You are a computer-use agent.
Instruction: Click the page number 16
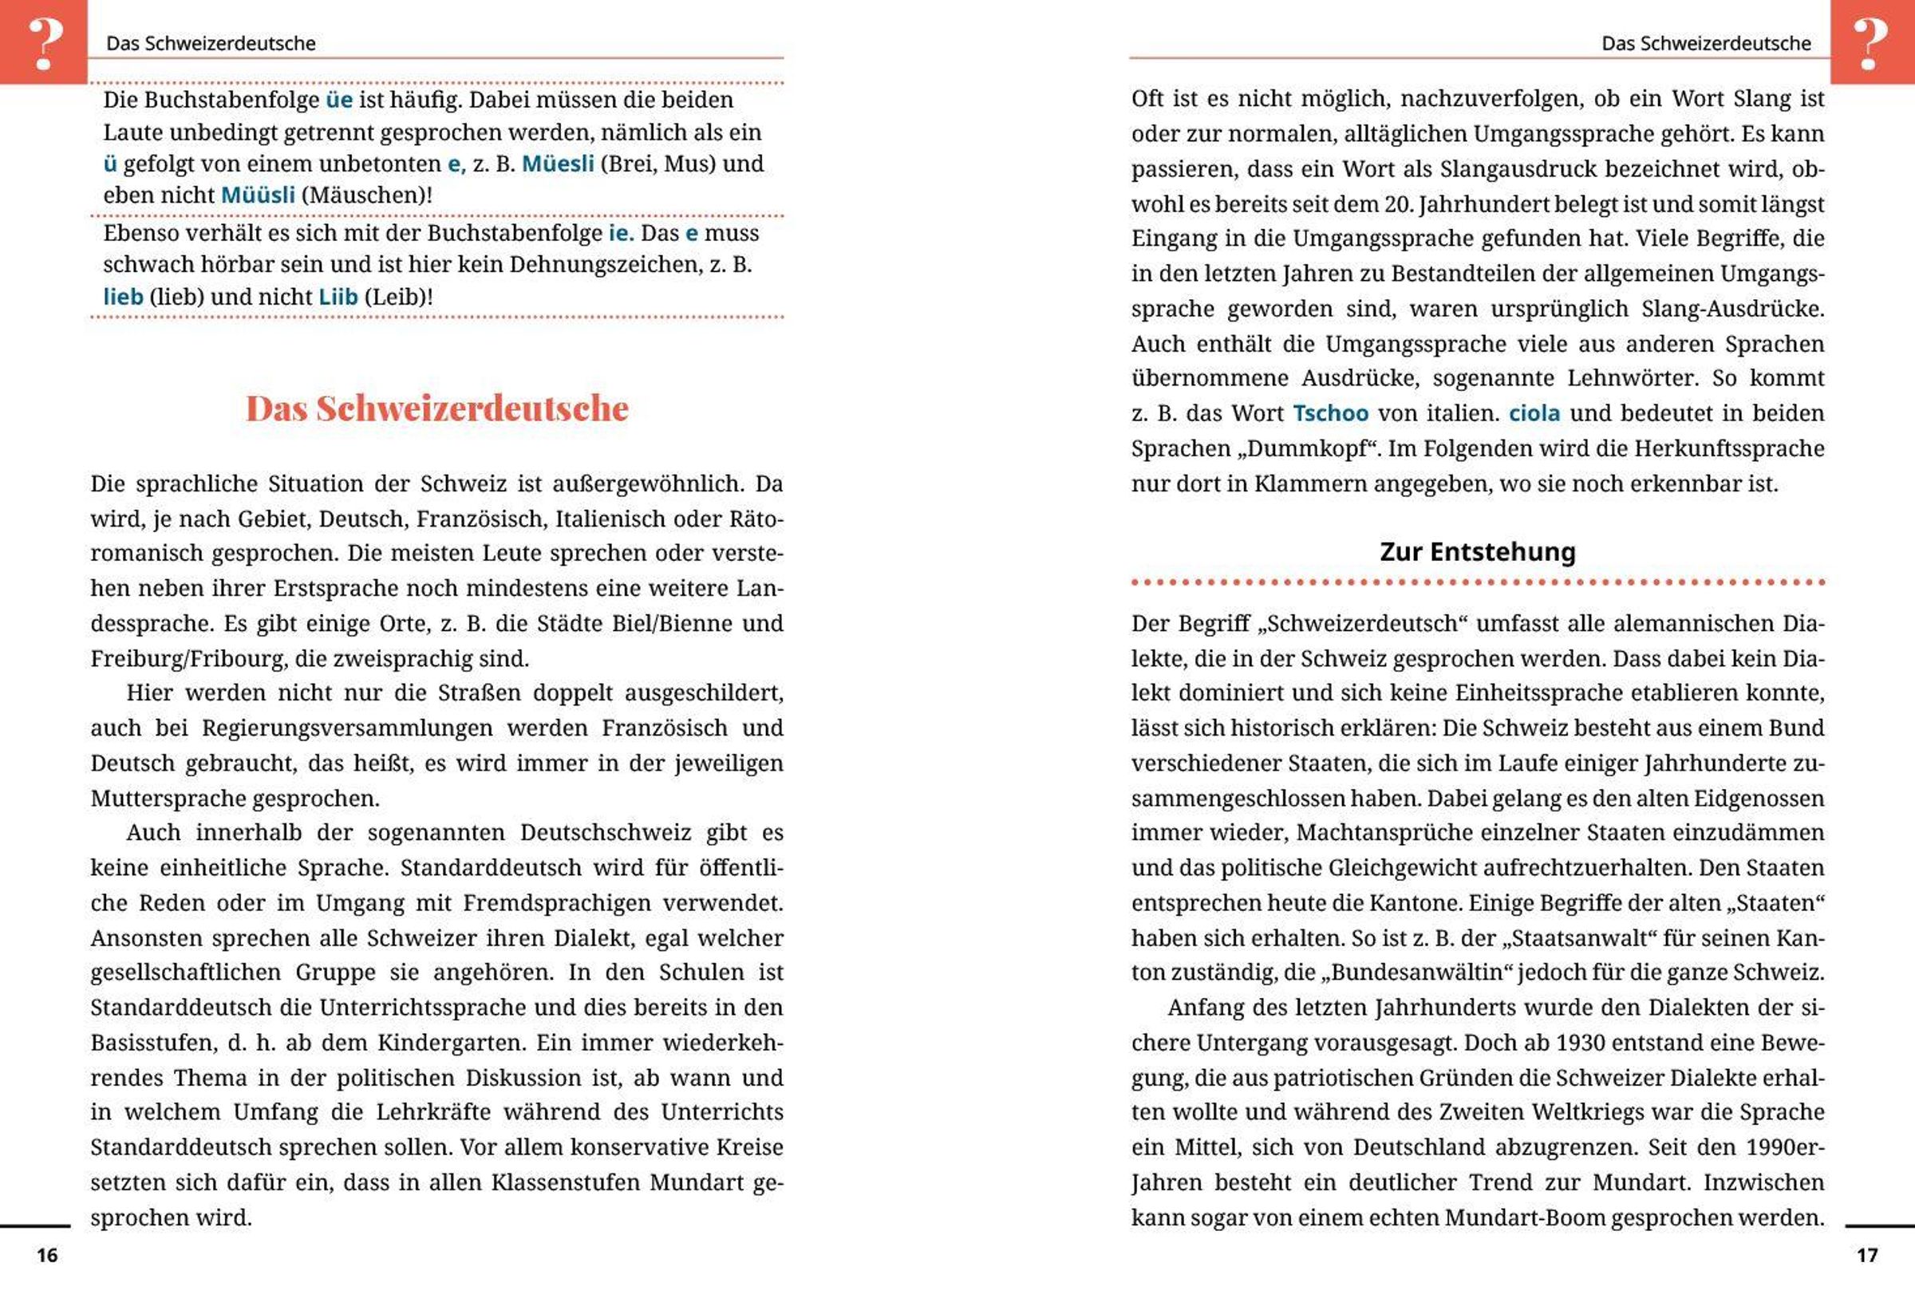47,1255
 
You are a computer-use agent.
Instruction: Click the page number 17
1867,1255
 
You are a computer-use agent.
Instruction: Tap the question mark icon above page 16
45,43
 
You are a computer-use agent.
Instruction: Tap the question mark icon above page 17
1870,43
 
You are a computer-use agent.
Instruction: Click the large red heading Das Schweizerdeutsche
436,408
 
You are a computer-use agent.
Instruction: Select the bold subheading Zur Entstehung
1478,551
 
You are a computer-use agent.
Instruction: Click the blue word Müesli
558,164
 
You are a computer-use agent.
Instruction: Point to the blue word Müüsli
258,195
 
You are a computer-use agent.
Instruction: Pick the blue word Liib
338,297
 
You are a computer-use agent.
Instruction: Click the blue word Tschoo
1330,412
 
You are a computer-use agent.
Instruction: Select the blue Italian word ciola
1534,412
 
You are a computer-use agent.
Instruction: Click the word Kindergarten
451,1043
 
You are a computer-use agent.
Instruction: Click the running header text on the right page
1706,44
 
